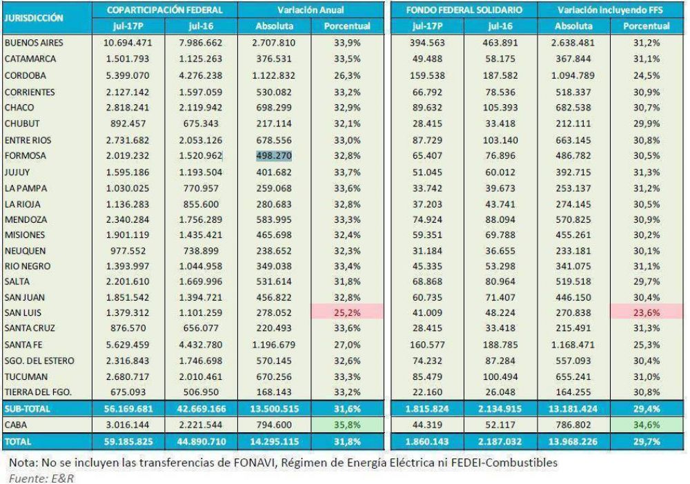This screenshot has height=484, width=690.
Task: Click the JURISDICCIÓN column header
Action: coord(34,18)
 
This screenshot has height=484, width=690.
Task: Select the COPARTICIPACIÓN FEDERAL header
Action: coord(165,10)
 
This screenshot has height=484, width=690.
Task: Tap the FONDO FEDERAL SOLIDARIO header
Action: coord(464,10)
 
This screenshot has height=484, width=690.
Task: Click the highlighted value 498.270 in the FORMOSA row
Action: coord(274,156)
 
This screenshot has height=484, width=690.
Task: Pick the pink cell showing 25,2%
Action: coord(347,312)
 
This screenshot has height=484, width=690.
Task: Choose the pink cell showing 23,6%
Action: coord(647,312)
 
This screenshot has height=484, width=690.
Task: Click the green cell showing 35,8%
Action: coord(347,425)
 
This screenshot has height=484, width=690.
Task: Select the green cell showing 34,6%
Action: coord(647,425)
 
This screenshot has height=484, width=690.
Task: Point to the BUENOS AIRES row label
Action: coord(34,43)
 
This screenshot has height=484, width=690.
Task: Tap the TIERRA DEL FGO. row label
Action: coord(38,392)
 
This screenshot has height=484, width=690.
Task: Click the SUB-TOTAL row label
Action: coord(28,409)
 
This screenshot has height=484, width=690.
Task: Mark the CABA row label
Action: coord(16,425)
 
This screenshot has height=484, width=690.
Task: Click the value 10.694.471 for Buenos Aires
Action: coord(128,43)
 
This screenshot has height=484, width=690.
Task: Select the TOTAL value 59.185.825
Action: coord(128,442)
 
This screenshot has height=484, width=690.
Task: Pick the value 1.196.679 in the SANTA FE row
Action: coord(274,345)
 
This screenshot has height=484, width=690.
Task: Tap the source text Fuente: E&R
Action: coord(41,478)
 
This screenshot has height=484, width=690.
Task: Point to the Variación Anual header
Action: coord(310,10)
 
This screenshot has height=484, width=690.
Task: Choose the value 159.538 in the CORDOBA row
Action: coord(427,76)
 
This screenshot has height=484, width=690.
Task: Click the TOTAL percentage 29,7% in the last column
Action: coord(647,442)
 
